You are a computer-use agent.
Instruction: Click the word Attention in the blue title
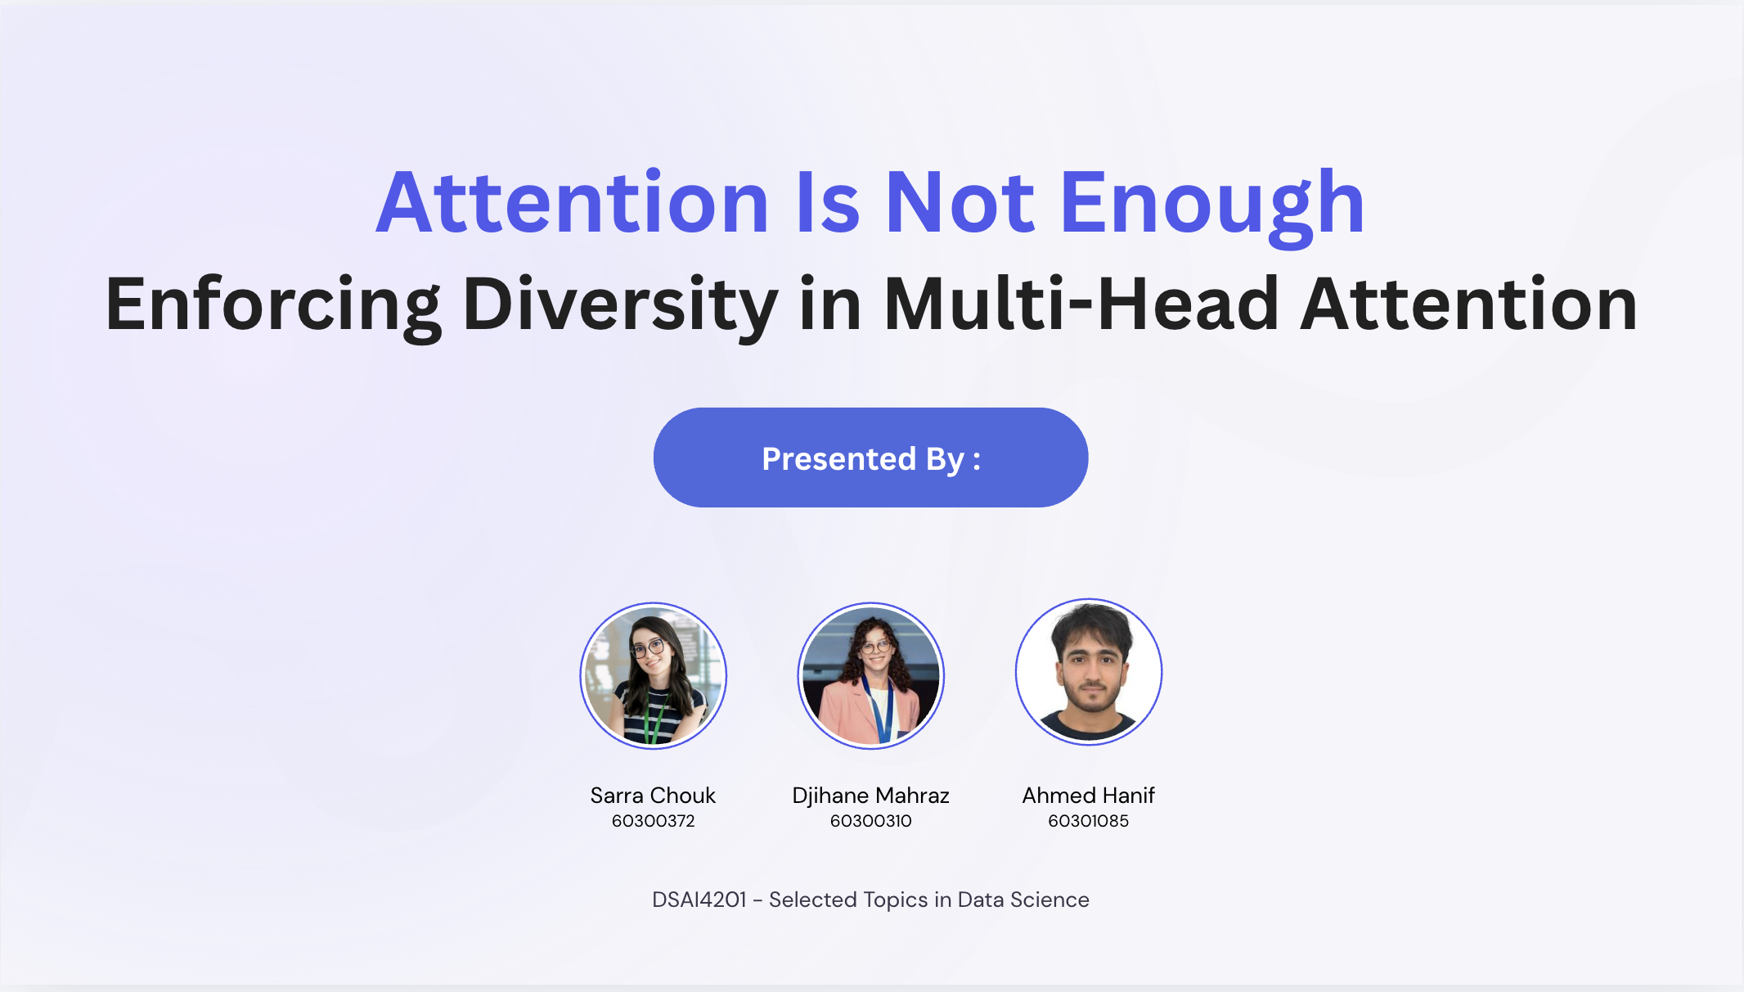[x=573, y=203]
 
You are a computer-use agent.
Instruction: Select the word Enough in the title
[x=1212, y=203]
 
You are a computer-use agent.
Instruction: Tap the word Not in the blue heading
[x=960, y=203]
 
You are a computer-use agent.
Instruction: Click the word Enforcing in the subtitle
[x=273, y=304]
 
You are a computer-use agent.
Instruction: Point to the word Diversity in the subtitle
[x=620, y=304]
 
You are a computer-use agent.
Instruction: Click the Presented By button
[x=870, y=458]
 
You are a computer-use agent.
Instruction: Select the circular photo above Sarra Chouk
[x=653, y=675]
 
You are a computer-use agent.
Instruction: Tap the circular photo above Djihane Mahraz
[x=870, y=675]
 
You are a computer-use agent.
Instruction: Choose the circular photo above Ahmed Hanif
[x=1088, y=672]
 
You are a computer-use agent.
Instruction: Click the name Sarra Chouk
[x=653, y=796]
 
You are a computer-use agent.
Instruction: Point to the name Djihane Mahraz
[x=870, y=796]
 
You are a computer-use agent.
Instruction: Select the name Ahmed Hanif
[x=1088, y=796]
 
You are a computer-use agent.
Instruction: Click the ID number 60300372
[x=653, y=821]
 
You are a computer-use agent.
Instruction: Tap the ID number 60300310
[x=870, y=821]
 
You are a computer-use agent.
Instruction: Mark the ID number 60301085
[x=1088, y=821]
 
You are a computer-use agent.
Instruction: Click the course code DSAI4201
[x=699, y=900]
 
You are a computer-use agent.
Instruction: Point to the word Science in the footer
[x=1050, y=900]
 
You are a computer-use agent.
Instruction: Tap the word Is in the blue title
[x=827, y=203]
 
